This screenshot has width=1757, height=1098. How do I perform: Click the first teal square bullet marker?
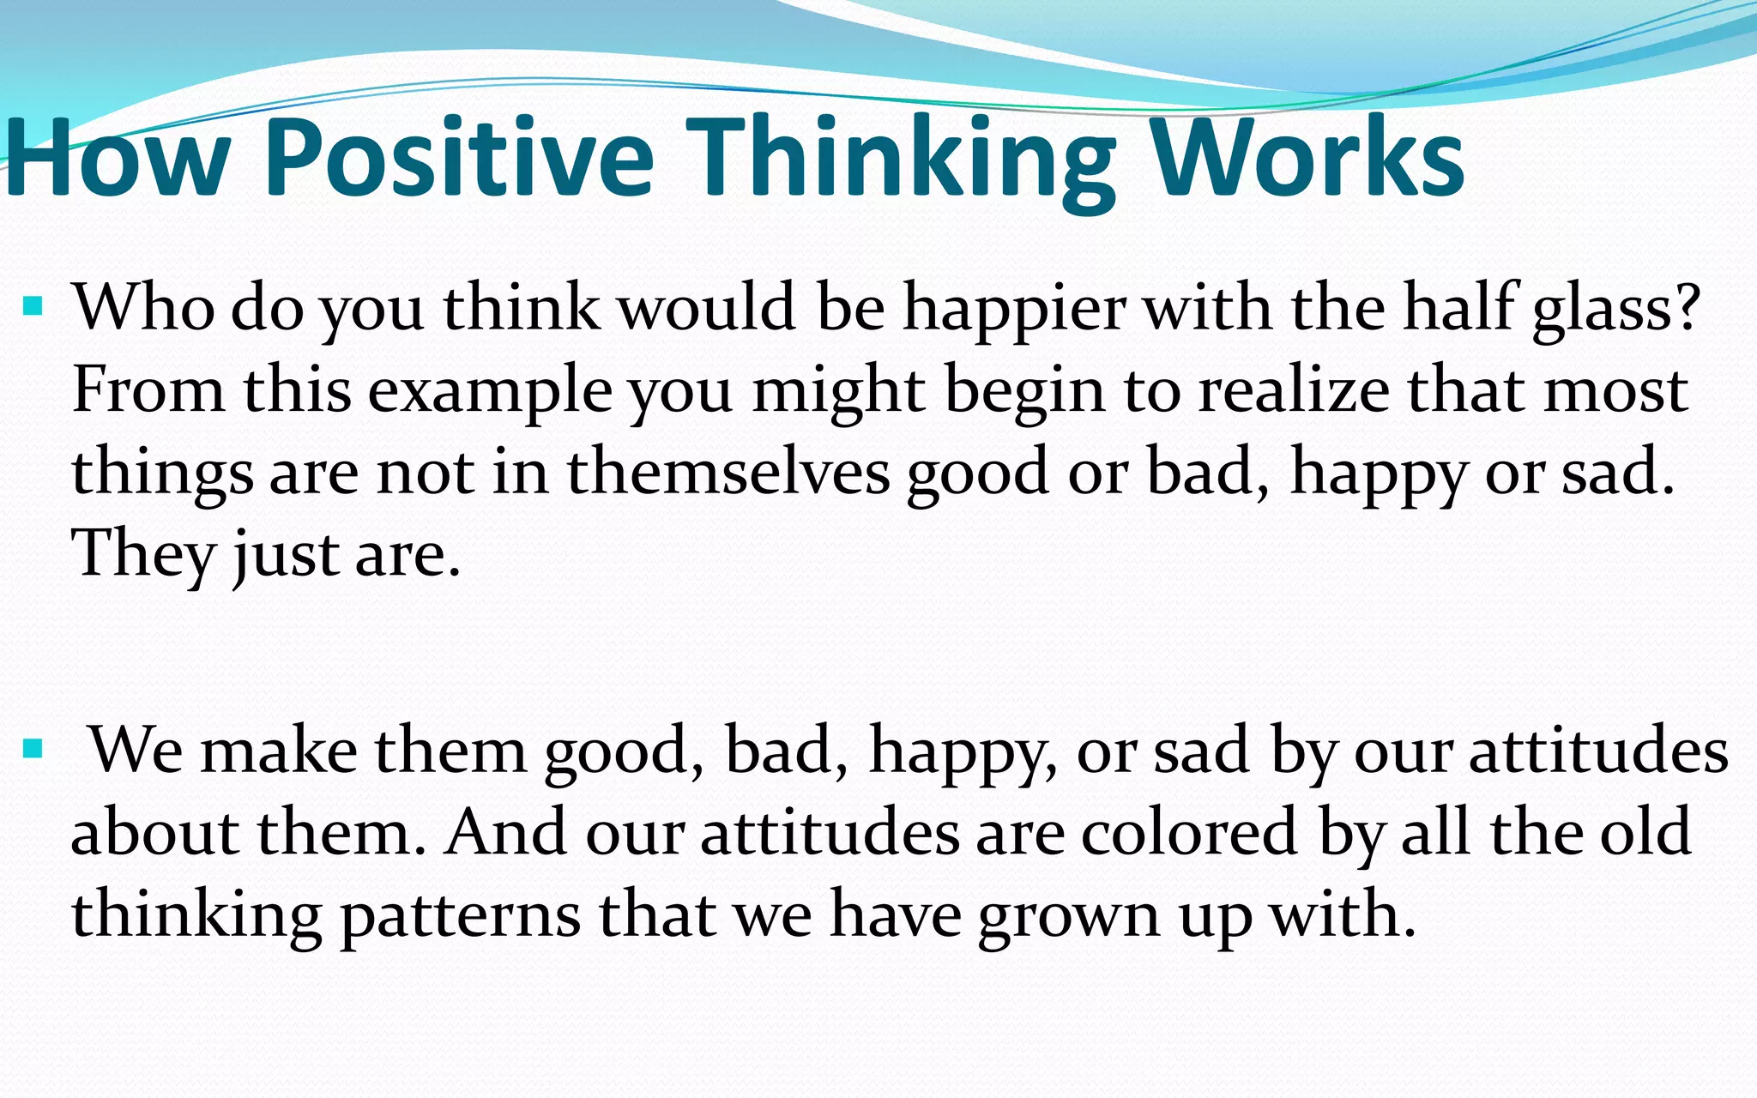33,305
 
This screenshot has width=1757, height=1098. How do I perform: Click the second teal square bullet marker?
33,750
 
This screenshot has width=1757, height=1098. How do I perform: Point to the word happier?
1015,309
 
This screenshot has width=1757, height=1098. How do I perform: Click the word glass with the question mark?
1616,309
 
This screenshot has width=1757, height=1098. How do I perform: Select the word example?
490,391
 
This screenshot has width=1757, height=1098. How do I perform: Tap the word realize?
1294,391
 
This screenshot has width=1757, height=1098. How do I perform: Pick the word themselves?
728,473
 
